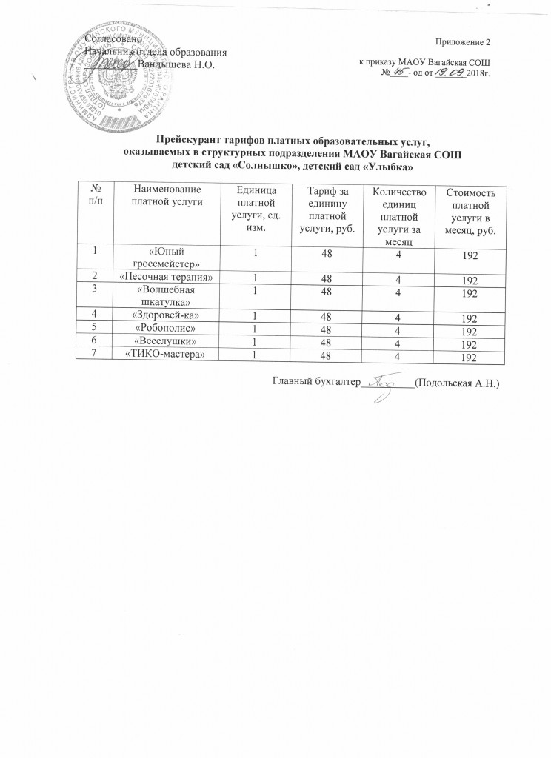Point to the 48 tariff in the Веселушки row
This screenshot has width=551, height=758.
(323, 344)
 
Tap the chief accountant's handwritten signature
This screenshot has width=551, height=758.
(384, 385)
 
